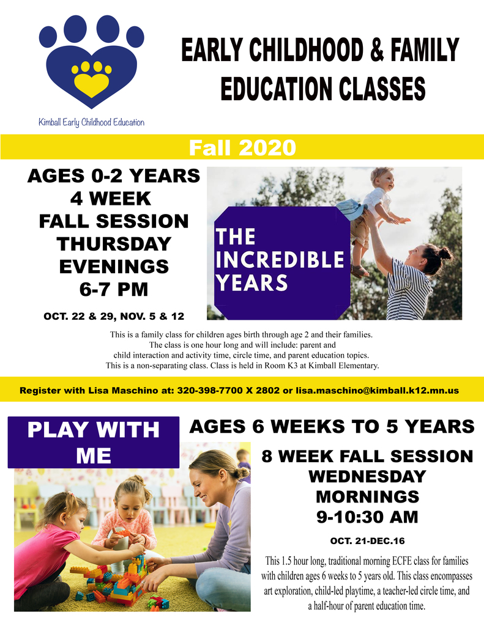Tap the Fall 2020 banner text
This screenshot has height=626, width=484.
[242, 147]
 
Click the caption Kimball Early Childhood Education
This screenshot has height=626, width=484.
[92, 122]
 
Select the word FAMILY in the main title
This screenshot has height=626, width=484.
[425, 50]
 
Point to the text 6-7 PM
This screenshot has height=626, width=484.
[114, 289]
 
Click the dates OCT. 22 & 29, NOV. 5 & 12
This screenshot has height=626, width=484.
[114, 316]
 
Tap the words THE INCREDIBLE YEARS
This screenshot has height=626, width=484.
[279, 259]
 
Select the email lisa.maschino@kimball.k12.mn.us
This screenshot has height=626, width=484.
[377, 391]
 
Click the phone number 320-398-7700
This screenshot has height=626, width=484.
[209, 391]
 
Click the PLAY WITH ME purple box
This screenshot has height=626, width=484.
[94, 443]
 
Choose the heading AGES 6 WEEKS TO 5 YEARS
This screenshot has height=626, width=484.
[332, 426]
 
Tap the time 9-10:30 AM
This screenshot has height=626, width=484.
[367, 517]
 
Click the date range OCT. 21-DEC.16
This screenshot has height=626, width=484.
[367, 541]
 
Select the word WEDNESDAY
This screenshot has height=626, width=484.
[367, 476]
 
